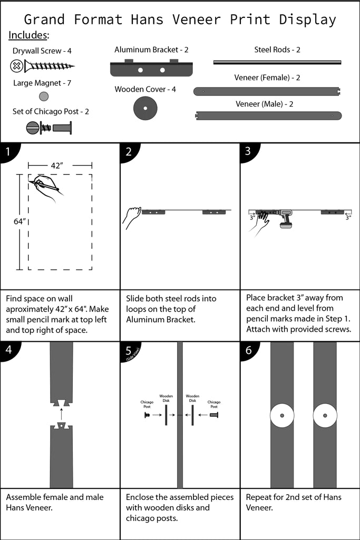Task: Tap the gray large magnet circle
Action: point(44,96)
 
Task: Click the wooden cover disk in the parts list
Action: point(145,108)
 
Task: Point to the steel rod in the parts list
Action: point(277,62)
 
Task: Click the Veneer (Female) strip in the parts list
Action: point(268,91)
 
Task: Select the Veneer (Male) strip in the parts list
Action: point(268,115)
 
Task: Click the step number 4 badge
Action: point(7,350)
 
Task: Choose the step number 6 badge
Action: point(248,350)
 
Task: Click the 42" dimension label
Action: point(57,166)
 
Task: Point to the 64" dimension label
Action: point(20,221)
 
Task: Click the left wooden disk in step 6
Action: point(282,417)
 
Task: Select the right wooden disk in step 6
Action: point(325,417)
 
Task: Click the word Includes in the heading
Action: point(29,35)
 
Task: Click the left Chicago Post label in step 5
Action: point(147,404)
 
